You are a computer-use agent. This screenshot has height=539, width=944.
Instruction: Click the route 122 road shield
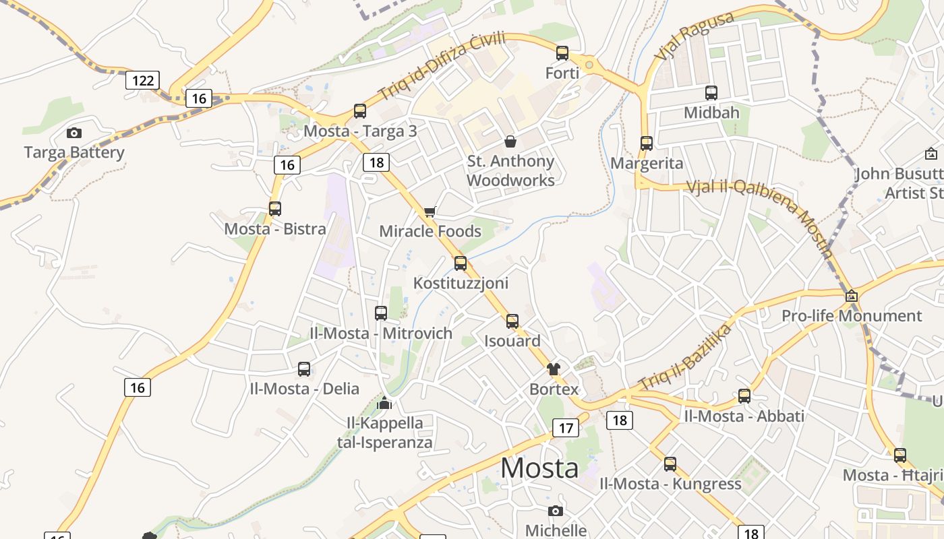[x=142, y=81]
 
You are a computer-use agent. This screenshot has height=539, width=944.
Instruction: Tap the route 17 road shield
[x=566, y=427]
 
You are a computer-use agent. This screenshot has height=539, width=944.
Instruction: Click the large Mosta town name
[x=539, y=468]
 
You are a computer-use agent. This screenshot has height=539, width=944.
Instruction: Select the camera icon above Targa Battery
[x=74, y=133]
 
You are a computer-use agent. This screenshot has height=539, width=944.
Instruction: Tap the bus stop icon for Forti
[x=562, y=53]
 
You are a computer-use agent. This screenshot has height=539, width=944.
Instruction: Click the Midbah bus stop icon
[x=711, y=93]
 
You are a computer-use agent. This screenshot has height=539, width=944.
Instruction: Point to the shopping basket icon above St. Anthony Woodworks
[x=510, y=141]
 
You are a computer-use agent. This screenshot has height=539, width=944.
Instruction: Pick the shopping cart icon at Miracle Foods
[x=430, y=212]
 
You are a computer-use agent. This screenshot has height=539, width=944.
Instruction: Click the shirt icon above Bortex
[x=554, y=369]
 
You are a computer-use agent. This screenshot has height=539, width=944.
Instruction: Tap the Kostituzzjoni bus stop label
[x=461, y=283]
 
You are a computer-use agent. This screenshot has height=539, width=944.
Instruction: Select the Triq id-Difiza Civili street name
[x=442, y=66]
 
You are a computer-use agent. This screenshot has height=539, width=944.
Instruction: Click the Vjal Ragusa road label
[x=695, y=35]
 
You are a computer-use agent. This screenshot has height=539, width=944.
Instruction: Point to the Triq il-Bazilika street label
[x=685, y=357]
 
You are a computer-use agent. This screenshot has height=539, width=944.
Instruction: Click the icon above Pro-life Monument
[x=852, y=296]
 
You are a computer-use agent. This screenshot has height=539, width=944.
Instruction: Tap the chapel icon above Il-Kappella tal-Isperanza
[x=384, y=403]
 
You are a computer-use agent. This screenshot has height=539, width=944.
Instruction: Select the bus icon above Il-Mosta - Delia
[x=304, y=369]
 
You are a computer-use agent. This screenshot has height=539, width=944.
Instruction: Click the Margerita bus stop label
[x=647, y=163]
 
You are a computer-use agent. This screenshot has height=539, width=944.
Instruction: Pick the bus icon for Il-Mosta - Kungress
[x=670, y=464]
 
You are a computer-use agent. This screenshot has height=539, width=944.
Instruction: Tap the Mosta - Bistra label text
[x=275, y=228]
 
